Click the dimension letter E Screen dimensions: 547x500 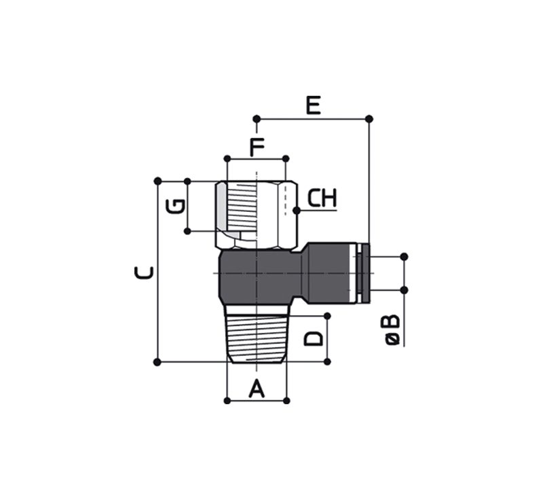point(314,105)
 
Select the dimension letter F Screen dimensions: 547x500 point(257,147)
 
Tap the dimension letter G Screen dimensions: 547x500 point(175,206)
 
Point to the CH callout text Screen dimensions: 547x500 point(322,198)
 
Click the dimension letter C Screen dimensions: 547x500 point(144,272)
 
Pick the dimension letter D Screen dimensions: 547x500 point(314,339)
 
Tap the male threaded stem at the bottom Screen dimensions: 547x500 point(257,334)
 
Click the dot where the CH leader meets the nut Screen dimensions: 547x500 point(297,211)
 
